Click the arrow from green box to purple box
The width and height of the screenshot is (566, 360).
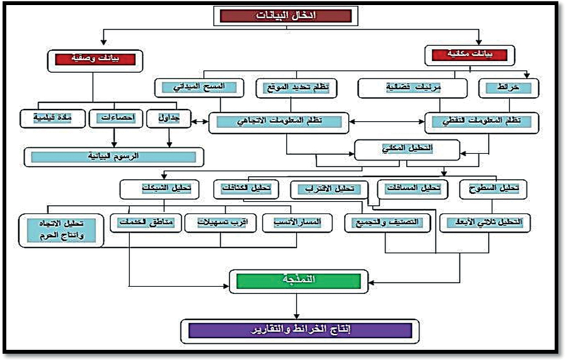(x=297, y=306)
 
